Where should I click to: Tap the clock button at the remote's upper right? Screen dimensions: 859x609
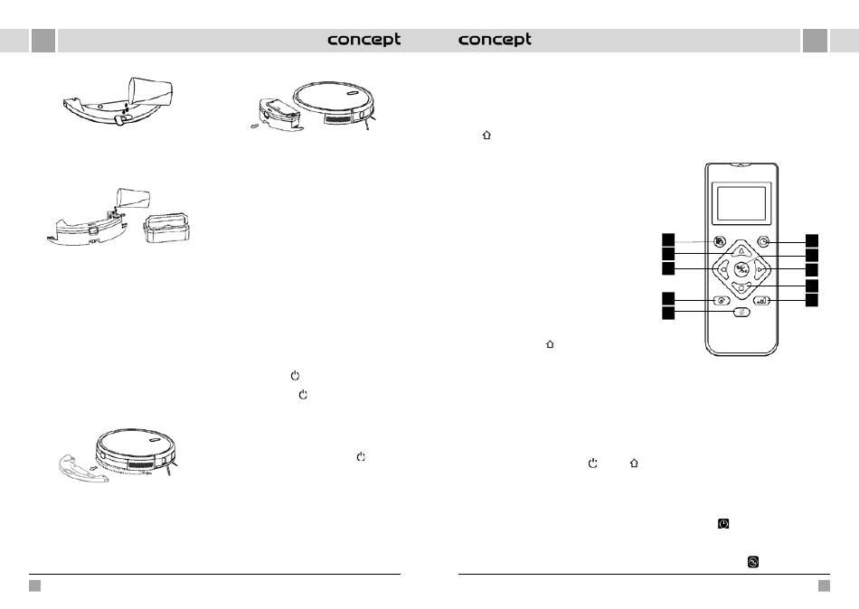[765, 242]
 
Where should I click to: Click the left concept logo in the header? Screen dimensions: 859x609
[363, 41]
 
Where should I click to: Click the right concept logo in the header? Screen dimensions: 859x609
[495, 41]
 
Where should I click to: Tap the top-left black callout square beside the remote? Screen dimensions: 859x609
[668, 240]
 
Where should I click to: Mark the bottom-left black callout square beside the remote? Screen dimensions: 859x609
[668, 313]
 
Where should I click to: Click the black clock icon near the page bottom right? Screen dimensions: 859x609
[723, 524]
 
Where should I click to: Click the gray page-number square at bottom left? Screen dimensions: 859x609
[34, 586]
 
